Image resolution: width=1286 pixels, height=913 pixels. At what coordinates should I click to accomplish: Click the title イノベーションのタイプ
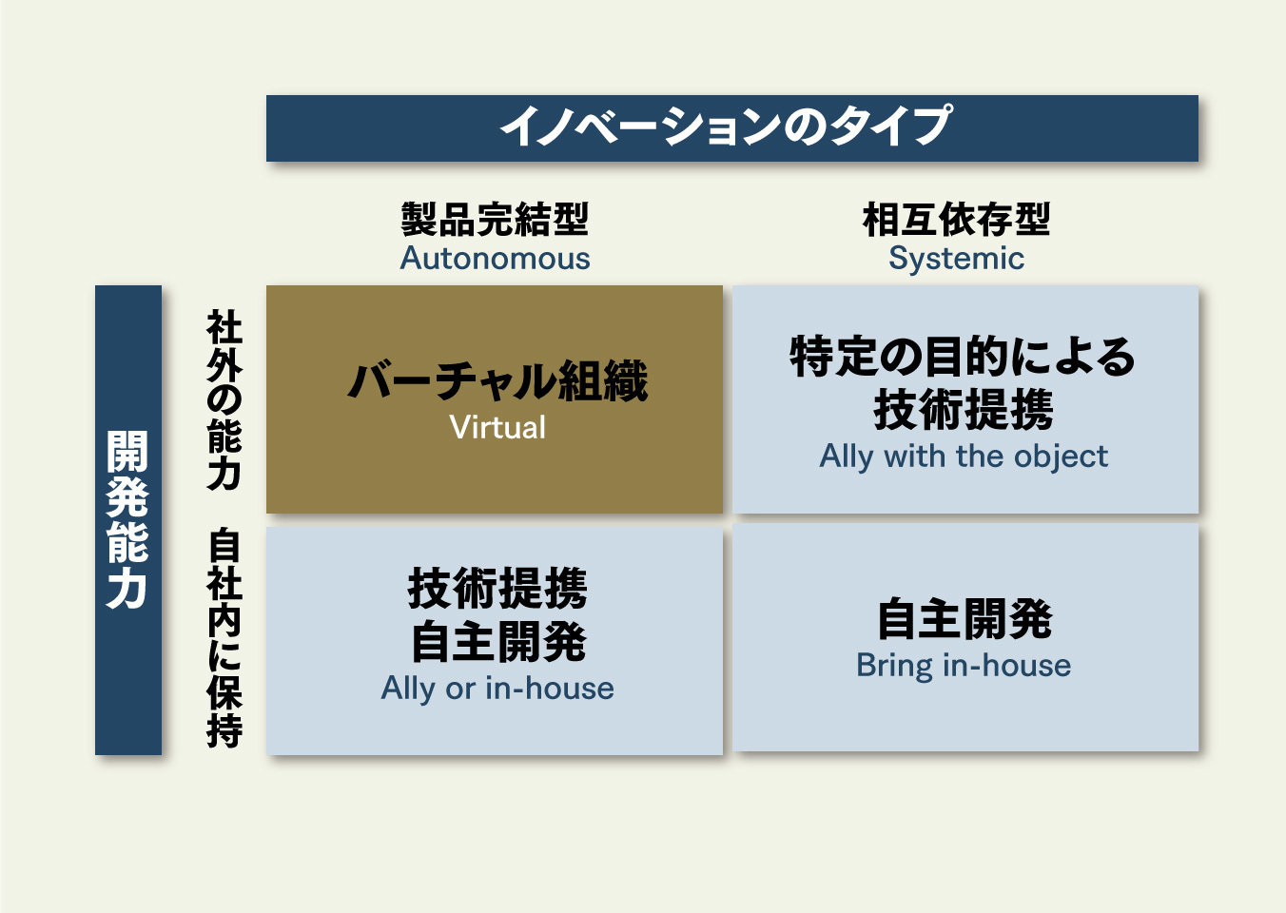pos(726,126)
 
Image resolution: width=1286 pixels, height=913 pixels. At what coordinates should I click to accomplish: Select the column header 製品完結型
pos(495,219)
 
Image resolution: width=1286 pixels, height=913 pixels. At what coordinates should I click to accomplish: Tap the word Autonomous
pos(495,259)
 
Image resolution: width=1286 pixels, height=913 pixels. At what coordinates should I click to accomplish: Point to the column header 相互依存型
pos(957,219)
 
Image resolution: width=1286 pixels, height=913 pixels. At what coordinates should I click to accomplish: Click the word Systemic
pos(957,260)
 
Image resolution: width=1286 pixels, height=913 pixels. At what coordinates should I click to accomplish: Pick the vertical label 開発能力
pos(127,520)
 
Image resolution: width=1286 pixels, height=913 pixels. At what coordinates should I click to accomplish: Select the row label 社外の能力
pos(224,400)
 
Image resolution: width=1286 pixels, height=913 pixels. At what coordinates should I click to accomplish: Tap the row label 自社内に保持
pos(224,638)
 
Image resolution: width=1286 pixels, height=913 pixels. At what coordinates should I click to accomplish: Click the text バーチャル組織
pos(497,381)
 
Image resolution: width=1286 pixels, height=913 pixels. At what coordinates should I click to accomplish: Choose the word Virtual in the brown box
pos(497,428)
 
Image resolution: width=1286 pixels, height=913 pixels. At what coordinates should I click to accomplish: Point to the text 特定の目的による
pos(963,357)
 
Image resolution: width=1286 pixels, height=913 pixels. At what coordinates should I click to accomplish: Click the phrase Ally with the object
pos(964,457)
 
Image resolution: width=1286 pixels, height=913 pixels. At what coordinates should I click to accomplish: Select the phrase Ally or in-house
pos(497,689)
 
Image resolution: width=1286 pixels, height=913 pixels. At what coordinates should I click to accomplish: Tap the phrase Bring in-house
pos(964,666)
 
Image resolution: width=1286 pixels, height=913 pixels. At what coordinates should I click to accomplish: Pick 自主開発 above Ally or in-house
pos(498,643)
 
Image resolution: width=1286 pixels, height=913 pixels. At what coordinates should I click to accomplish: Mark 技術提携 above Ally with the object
pos(964,409)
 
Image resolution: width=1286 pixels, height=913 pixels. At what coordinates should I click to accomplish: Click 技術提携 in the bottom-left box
pos(497,588)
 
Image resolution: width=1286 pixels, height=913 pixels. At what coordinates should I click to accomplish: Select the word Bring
pos(894,667)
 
